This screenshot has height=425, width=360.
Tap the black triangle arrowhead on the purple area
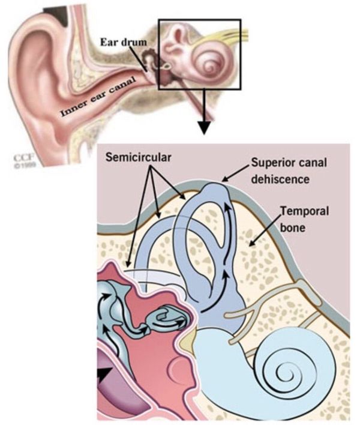106,378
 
